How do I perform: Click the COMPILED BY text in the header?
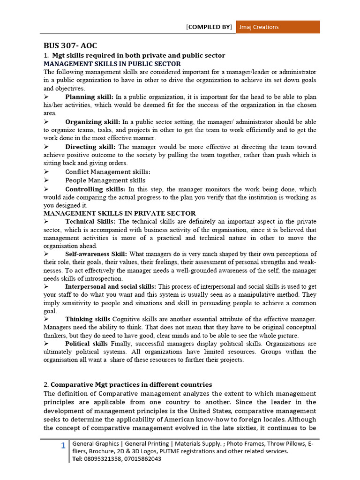(209, 27)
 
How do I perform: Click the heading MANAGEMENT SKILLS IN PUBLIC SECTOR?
(112, 64)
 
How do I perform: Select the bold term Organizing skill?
(92, 122)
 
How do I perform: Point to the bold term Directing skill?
(90, 147)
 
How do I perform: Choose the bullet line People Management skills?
(105, 180)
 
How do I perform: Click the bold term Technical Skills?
(91, 221)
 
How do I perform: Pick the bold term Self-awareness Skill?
(96, 254)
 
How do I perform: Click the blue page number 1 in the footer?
(63, 446)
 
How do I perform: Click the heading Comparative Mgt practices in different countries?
(131, 384)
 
